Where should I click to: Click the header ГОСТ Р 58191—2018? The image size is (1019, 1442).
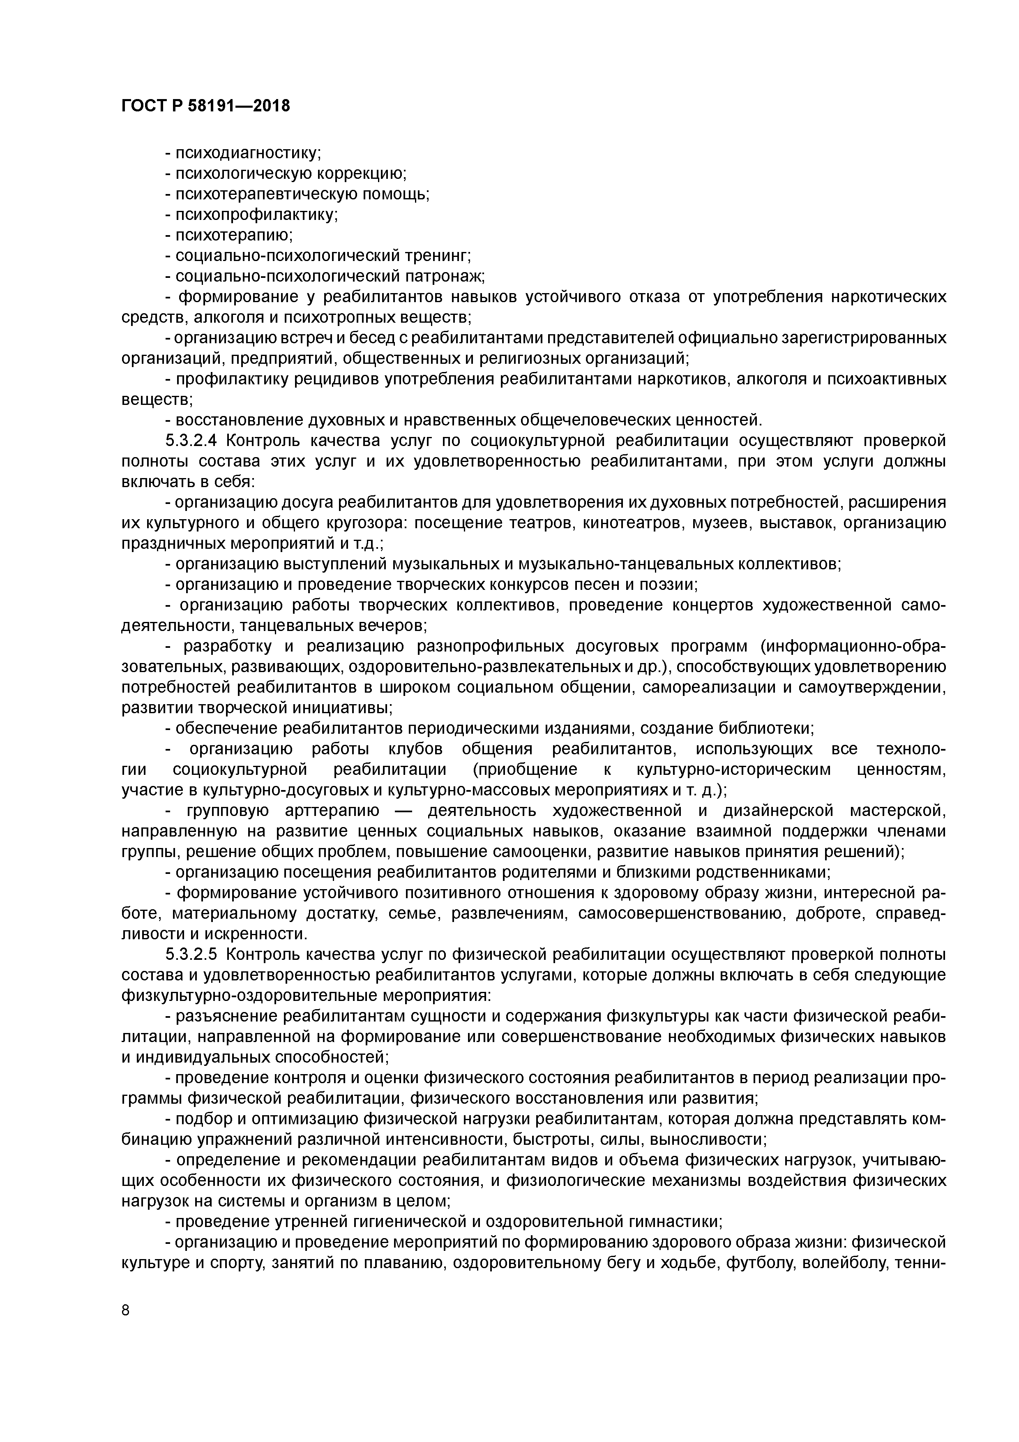[205, 106]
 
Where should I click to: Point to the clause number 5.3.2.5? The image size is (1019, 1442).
[191, 954]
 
